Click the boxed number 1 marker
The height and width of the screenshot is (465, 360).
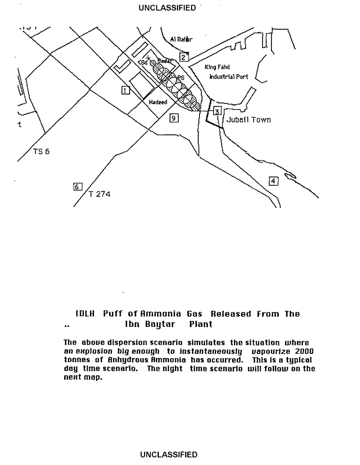pyautogui.click(x=125, y=89)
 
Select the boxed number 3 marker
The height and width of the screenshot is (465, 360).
pyautogui.click(x=217, y=111)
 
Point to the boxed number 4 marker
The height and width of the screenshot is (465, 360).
pyautogui.click(x=274, y=181)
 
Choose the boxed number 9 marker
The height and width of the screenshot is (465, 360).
pyautogui.click(x=173, y=118)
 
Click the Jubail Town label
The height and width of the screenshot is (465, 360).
pyautogui.click(x=249, y=120)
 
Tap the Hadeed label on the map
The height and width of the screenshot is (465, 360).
pyautogui.click(x=158, y=102)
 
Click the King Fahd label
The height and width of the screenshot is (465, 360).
pyautogui.click(x=217, y=67)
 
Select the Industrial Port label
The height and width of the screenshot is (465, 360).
pyautogui.click(x=229, y=77)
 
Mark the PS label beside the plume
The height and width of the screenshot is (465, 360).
pyautogui.click(x=180, y=78)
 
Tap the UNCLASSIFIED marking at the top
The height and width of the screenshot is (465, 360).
pyautogui.click(x=167, y=8)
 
